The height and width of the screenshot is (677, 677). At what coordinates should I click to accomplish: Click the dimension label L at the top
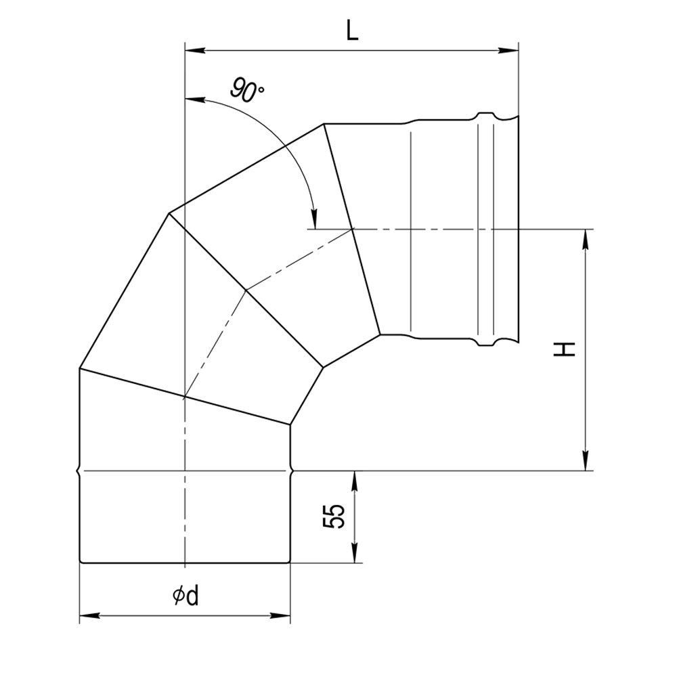click(x=352, y=30)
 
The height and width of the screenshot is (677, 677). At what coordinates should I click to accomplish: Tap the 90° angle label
click(x=246, y=90)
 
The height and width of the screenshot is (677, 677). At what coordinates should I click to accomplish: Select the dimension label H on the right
click(x=565, y=349)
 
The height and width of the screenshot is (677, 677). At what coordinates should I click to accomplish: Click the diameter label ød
click(x=185, y=596)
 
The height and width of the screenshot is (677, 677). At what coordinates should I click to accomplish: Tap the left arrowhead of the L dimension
click(x=195, y=51)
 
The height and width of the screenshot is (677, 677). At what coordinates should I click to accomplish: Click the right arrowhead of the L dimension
click(x=508, y=51)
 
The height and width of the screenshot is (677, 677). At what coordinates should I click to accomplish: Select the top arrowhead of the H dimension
click(x=586, y=239)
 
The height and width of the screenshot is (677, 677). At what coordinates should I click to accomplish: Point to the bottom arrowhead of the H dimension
click(x=586, y=460)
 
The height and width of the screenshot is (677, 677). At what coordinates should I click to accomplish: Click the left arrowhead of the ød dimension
click(x=90, y=615)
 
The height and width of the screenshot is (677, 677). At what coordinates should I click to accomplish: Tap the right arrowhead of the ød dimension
click(x=280, y=615)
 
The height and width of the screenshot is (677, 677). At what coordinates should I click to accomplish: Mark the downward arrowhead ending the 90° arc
click(x=315, y=219)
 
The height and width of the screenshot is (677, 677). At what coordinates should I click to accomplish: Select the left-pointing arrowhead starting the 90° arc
click(x=195, y=100)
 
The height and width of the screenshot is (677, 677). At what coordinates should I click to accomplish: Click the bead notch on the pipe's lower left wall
click(x=79, y=471)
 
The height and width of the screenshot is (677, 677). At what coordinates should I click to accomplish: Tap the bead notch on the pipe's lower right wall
click(x=292, y=471)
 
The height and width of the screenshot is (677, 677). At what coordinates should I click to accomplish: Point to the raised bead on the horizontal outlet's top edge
click(x=485, y=115)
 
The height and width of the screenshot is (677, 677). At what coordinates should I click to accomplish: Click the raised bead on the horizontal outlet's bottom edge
click(x=485, y=343)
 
